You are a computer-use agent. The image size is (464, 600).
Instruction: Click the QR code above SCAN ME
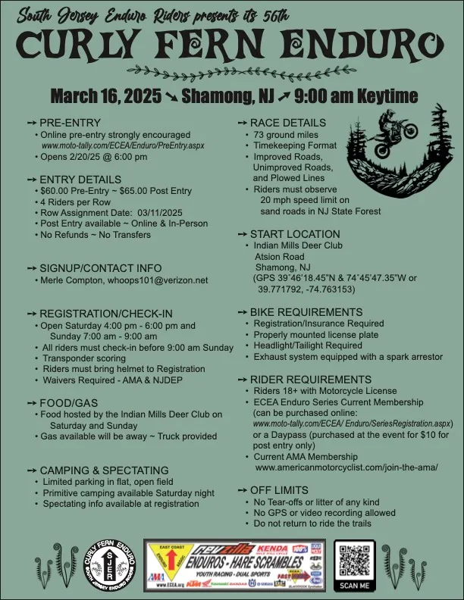click(355, 561)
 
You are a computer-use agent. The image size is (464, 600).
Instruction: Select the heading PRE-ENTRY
click(67, 123)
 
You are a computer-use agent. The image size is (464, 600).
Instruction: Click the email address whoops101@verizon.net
click(156, 280)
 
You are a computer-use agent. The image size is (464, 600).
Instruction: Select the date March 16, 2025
click(105, 96)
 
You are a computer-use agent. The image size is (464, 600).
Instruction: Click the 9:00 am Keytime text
click(356, 96)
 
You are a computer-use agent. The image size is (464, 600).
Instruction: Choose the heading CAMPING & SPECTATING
click(103, 470)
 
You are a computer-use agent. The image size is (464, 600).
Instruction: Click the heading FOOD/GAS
click(67, 402)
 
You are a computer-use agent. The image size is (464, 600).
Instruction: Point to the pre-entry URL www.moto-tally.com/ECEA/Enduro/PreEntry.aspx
click(123, 145)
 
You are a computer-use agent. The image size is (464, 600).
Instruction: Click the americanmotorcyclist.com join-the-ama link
click(346, 468)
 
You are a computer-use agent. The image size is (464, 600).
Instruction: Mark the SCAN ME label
click(355, 586)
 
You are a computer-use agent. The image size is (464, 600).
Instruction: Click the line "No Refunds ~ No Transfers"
click(96, 235)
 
